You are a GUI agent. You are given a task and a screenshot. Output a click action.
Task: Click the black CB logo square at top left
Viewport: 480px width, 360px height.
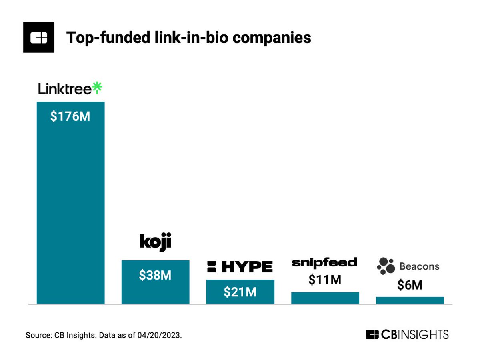click(x=39, y=38)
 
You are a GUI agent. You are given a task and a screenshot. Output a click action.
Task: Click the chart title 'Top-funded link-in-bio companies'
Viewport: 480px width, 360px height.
click(x=188, y=38)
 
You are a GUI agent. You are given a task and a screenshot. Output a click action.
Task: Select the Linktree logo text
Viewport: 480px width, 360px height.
click(x=65, y=89)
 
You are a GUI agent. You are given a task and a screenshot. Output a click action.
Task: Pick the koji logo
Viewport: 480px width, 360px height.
click(x=155, y=243)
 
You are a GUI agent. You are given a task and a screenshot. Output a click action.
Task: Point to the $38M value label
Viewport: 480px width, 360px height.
click(x=155, y=276)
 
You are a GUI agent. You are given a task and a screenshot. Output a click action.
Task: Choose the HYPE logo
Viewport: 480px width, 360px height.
click(x=240, y=266)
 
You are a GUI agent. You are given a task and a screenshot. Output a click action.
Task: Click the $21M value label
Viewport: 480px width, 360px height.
click(x=240, y=292)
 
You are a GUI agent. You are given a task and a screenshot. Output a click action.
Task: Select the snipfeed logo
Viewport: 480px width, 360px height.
click(x=324, y=262)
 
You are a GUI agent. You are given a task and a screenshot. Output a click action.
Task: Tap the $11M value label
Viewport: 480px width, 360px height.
click(x=325, y=280)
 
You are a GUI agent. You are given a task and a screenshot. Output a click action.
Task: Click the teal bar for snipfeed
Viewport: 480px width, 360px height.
click(x=325, y=298)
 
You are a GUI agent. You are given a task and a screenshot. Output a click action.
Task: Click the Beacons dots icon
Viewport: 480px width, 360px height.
click(x=386, y=266)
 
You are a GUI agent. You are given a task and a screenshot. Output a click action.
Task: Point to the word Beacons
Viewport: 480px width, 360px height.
click(x=419, y=266)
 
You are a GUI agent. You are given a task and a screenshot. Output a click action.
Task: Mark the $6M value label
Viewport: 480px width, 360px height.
click(x=410, y=285)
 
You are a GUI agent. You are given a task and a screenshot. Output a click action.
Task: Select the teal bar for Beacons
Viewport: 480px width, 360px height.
click(x=410, y=300)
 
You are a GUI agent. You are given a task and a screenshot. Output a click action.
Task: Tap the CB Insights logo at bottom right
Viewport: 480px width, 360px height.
click(x=407, y=334)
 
